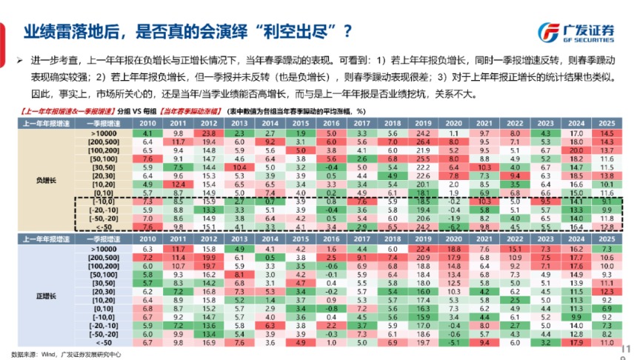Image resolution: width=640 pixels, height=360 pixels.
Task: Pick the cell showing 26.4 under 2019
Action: coord(422,141)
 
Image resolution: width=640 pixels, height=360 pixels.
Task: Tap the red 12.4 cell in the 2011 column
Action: coord(178,184)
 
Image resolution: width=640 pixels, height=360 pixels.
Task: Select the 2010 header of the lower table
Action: coord(147,240)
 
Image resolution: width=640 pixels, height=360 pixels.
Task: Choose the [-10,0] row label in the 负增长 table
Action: coord(98,201)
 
